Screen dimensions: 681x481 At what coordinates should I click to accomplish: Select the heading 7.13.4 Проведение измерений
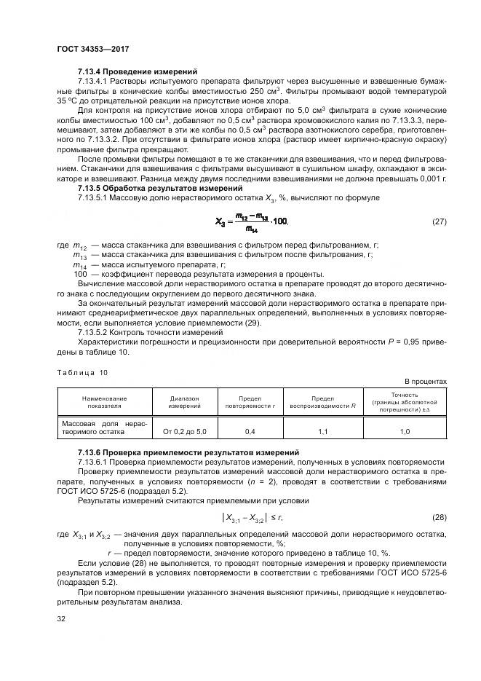click(x=138, y=72)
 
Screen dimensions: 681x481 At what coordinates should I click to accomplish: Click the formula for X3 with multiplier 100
click(x=252, y=221)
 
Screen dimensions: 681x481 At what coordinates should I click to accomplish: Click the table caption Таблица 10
click(x=82, y=371)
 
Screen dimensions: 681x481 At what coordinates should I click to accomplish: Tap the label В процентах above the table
click(x=426, y=381)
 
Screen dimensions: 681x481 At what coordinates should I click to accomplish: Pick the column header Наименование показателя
click(x=103, y=403)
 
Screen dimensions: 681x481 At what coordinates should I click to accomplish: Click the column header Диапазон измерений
click(x=185, y=403)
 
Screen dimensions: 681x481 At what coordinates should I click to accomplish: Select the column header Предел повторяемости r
click(x=250, y=403)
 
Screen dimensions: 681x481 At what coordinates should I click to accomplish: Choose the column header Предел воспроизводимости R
click(x=323, y=403)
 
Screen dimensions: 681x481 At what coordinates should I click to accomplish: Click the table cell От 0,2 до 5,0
click(x=185, y=432)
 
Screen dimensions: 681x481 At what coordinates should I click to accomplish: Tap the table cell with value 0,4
click(x=250, y=432)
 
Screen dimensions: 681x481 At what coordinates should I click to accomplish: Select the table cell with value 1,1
click(x=323, y=432)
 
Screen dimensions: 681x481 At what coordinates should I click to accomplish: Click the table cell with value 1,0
click(x=405, y=432)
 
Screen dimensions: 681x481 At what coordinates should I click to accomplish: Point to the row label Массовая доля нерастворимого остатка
click(x=103, y=427)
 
